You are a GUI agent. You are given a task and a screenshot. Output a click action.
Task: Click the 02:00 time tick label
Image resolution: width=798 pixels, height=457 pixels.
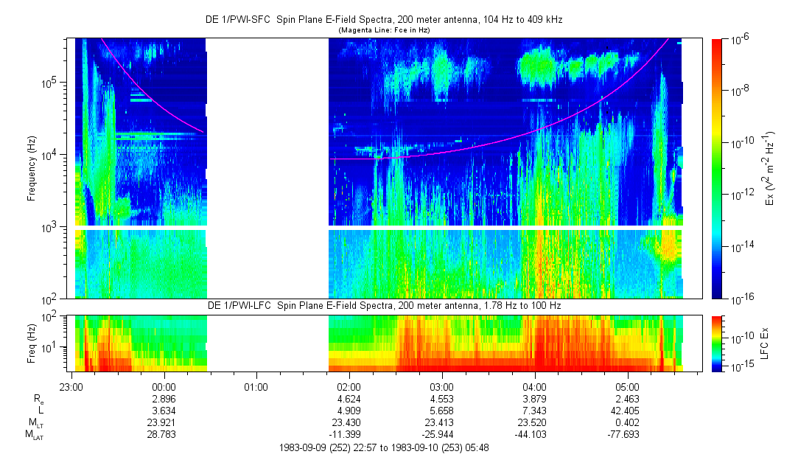349,386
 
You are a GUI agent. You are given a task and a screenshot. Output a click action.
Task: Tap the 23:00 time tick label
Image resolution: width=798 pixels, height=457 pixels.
71,386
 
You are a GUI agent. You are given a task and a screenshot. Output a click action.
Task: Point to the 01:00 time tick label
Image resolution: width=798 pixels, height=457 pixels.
256,386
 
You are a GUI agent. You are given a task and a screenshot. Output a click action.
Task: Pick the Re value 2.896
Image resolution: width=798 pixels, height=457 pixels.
163,398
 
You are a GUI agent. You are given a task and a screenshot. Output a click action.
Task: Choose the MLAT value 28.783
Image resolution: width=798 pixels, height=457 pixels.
163,435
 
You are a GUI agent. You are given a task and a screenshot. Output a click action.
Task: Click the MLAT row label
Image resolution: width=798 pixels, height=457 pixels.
34,435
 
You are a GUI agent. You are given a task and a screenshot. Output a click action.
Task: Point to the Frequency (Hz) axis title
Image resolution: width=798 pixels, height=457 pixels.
32,169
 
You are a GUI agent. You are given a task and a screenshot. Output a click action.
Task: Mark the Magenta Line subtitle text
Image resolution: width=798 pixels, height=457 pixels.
383,30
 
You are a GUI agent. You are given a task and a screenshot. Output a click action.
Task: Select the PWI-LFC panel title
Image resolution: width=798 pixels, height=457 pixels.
384,306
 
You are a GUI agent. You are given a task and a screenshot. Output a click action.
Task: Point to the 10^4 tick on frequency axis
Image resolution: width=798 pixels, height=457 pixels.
56,155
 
